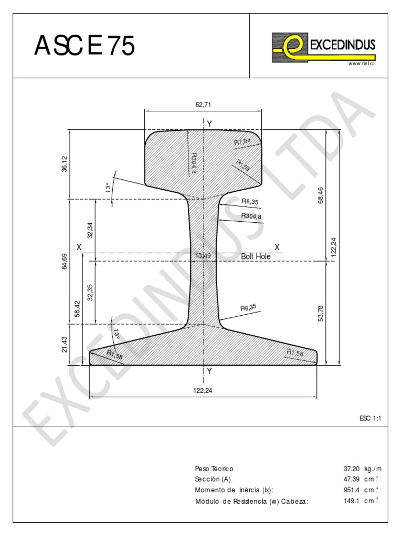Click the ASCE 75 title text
click(84, 46)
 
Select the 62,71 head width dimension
click(203, 105)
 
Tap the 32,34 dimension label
click(90, 231)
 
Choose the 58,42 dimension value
click(78, 309)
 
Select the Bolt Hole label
click(256, 256)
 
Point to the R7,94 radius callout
click(243, 142)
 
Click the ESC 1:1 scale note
click(369, 418)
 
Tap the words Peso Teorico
click(214, 469)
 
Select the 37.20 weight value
click(351, 469)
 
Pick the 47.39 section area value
click(351, 479)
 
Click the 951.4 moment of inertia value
click(351, 490)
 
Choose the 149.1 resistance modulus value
click(351, 501)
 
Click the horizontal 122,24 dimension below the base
click(203, 390)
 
